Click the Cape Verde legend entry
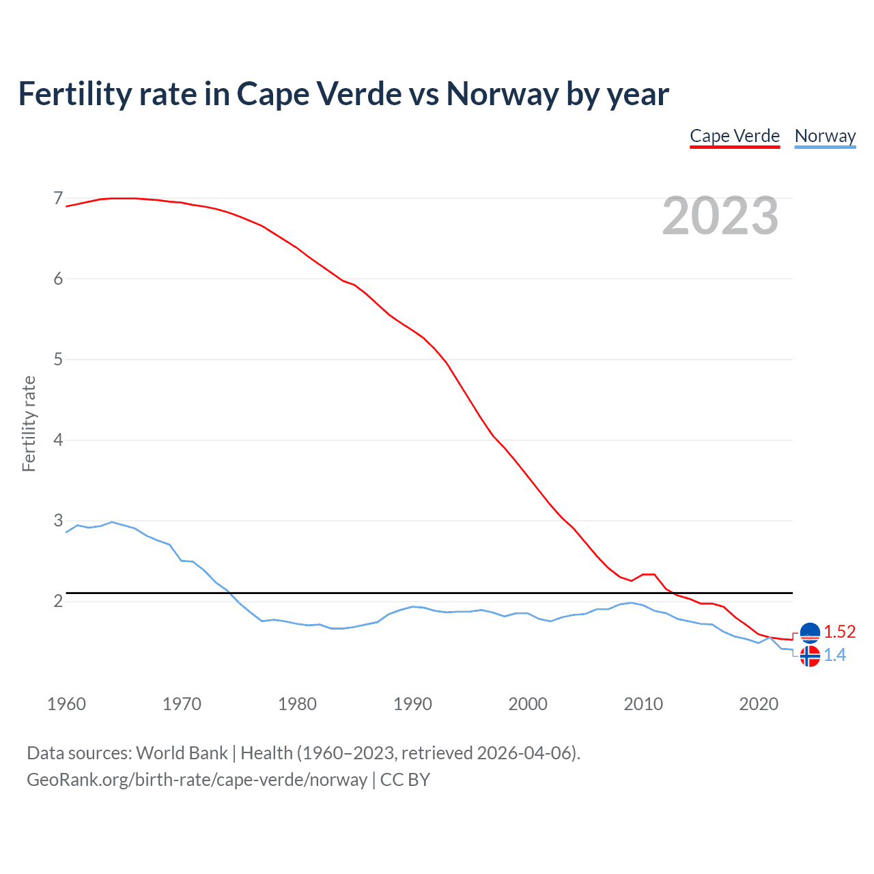[x=735, y=136]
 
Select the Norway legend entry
[x=825, y=136]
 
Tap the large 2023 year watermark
[x=720, y=216]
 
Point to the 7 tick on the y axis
[x=58, y=199]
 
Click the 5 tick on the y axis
[x=58, y=359]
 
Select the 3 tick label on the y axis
[x=58, y=520]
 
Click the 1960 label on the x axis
[x=66, y=704]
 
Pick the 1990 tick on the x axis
[x=412, y=704]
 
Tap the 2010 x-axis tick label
[x=643, y=704]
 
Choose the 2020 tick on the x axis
[x=759, y=704]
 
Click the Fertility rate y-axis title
[x=29, y=423]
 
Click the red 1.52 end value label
[x=840, y=632]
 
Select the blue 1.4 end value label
[x=834, y=655]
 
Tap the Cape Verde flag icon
[x=810, y=633]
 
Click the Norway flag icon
[x=810, y=656]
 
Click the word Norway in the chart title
[x=503, y=94]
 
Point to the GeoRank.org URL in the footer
[x=197, y=780]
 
